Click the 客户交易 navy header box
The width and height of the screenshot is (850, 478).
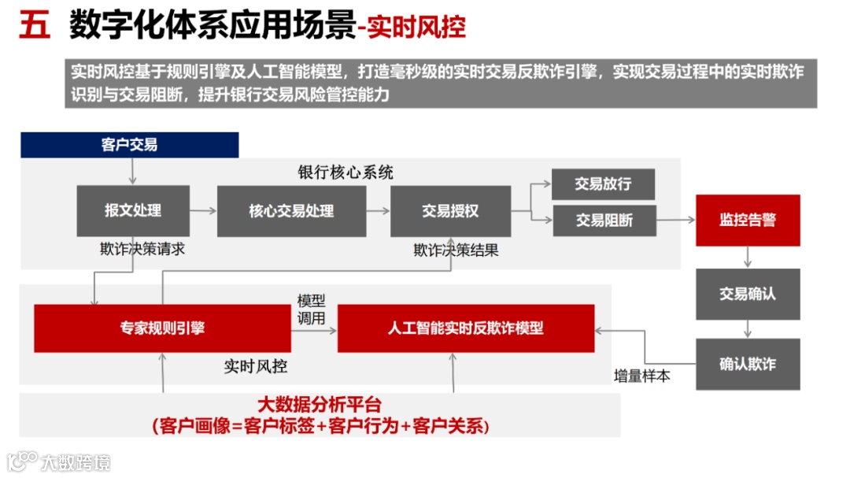pos(129,145)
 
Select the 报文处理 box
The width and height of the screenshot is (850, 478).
pos(133,210)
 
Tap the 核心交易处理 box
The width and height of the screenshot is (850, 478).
pos(291,210)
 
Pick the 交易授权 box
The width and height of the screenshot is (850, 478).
pos(450,210)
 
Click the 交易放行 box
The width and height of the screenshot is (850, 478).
pos(604,184)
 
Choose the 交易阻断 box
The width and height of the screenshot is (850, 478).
pos(604,220)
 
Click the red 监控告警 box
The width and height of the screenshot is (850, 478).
pos(748,220)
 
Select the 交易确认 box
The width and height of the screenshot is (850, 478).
pos(748,294)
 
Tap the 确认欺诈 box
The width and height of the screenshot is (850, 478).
pos(748,364)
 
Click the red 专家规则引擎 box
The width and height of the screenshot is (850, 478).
pos(162,328)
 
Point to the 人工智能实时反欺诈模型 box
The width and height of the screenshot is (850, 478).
pos(466,328)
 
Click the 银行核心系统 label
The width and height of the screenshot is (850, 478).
pos(345,172)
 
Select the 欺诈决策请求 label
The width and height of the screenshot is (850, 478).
pos(142,249)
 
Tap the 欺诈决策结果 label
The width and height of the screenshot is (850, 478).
pos(456,250)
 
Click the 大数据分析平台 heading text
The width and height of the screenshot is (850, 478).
pos(320,406)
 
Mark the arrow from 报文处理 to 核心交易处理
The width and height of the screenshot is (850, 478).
pos(203,210)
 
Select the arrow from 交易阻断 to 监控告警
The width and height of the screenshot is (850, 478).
pos(676,220)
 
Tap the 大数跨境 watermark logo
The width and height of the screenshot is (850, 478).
pos(59,461)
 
